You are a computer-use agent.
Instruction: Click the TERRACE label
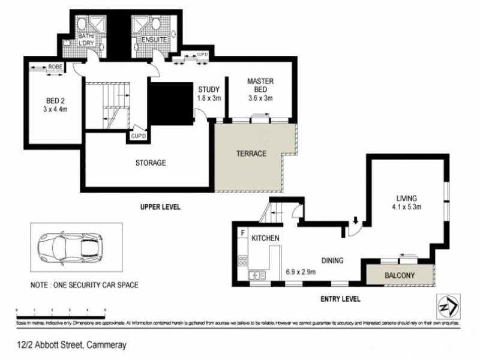pos(251,154)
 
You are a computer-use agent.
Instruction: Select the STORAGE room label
pos(150,163)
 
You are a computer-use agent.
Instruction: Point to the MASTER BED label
pos(260,85)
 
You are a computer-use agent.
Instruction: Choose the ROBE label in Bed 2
pos(56,67)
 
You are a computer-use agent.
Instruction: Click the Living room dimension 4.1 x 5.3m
pos(406,208)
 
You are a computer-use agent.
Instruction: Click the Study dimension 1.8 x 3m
pos(210,98)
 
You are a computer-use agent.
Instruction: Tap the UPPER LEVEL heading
pos(160,207)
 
